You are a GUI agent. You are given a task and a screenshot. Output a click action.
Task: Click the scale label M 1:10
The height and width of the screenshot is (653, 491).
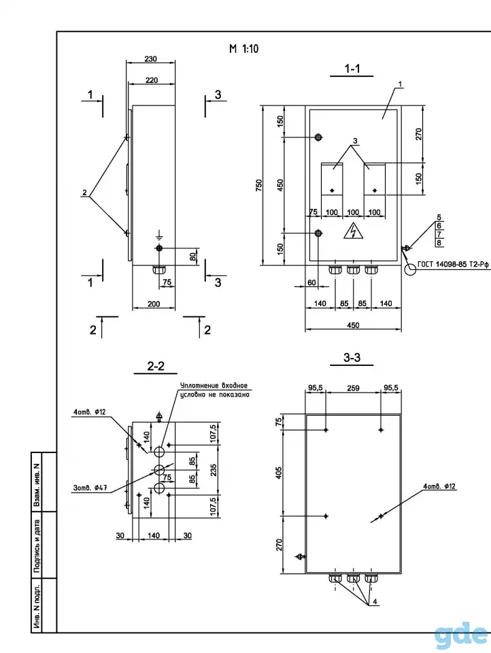click(x=243, y=49)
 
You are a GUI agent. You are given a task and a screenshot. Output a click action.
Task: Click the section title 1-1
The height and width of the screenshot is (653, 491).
click(x=352, y=68)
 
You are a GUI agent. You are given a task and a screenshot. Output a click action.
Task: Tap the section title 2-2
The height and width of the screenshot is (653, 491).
click(x=156, y=366)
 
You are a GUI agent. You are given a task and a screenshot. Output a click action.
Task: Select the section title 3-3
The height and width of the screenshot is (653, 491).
click(x=352, y=357)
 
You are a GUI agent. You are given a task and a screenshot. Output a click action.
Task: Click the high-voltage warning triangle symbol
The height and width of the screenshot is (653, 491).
click(x=353, y=231)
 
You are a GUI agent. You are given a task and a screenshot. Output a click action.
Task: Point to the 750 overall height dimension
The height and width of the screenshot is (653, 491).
click(x=259, y=185)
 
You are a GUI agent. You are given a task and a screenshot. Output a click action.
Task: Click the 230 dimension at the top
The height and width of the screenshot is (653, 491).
click(x=151, y=58)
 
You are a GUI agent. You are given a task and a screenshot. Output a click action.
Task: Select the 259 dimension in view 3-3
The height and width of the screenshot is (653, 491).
click(x=353, y=388)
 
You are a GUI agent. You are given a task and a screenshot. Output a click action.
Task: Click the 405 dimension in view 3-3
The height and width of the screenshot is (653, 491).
click(x=279, y=473)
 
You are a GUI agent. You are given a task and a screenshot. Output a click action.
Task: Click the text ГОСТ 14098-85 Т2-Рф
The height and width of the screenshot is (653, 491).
click(x=453, y=264)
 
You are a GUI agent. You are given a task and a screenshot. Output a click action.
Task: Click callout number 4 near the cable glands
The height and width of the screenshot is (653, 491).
click(x=375, y=601)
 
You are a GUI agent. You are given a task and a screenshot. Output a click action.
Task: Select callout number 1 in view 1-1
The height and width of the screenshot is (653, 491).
click(x=401, y=84)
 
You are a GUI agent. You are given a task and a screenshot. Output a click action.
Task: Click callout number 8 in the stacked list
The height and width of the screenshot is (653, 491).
click(x=439, y=243)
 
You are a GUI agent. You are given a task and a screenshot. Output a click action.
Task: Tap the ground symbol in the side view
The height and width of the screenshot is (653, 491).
click(x=159, y=235)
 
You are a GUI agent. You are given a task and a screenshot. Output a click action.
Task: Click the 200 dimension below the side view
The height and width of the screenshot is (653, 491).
click(x=154, y=303)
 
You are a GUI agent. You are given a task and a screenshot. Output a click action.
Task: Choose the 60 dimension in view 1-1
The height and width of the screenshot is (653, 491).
click(x=311, y=282)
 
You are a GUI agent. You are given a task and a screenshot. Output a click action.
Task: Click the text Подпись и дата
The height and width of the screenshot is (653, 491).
click(x=37, y=545)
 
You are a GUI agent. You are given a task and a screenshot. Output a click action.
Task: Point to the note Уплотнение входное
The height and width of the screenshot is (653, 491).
click(x=214, y=386)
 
